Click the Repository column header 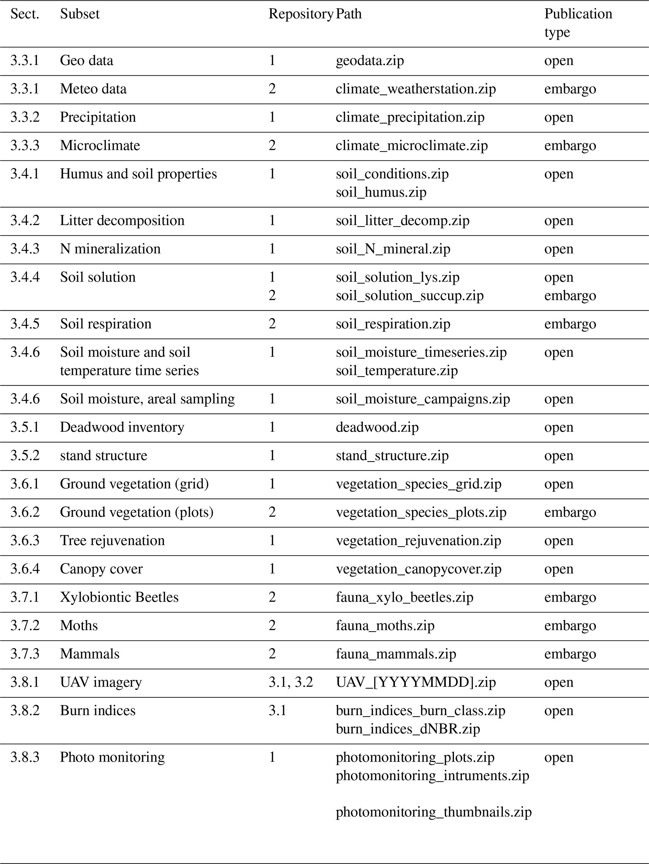coord(300,14)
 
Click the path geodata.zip coord(370,61)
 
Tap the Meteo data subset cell coord(93,89)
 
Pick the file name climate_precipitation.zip coord(410,117)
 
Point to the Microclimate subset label coord(100,146)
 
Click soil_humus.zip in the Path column coord(381,192)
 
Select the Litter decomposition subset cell coord(122,221)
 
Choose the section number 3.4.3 coord(24,249)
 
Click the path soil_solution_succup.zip coord(409,296)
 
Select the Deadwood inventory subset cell coord(122,427)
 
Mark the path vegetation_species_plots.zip coord(421,512)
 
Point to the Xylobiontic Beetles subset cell coord(119,597)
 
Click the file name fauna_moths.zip coord(385,625)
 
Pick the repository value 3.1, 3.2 coord(291,682)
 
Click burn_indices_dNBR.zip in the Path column coord(408,729)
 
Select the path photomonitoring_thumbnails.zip coord(433,812)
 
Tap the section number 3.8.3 coord(24,757)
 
